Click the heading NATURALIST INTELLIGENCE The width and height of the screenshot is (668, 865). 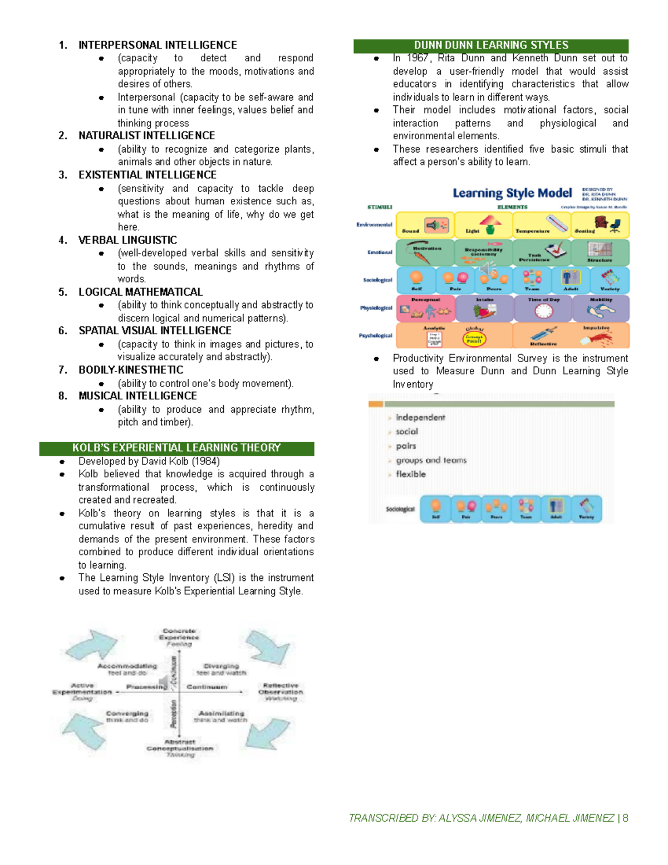[x=146, y=136]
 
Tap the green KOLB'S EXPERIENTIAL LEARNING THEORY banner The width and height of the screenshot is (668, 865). [x=176, y=448]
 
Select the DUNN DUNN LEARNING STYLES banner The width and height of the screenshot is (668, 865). [x=491, y=46]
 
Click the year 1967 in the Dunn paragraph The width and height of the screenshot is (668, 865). [x=417, y=58]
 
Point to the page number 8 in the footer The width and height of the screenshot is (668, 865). [x=626, y=818]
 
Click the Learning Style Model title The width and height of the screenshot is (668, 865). [x=512, y=193]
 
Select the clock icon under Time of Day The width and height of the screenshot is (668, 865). [x=543, y=311]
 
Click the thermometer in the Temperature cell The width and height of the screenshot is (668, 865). [x=557, y=223]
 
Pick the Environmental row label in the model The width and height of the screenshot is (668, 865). [x=374, y=225]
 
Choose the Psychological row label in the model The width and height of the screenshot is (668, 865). [x=375, y=335]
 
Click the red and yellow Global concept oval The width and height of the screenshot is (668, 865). [x=474, y=338]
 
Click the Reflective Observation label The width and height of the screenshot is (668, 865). [x=281, y=689]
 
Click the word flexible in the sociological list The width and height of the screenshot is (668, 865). [x=411, y=475]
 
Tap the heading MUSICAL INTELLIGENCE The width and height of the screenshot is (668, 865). [x=137, y=396]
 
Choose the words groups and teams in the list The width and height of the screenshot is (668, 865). [x=431, y=461]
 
